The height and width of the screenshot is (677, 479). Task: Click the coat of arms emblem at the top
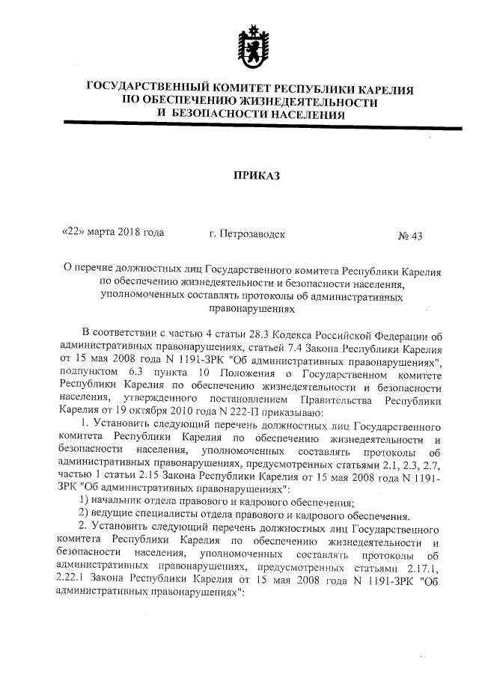(x=250, y=43)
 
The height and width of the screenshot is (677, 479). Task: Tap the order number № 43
(x=410, y=236)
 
